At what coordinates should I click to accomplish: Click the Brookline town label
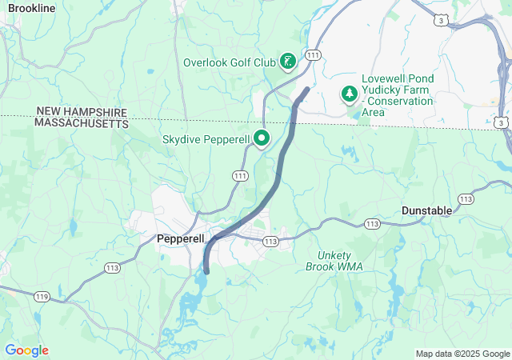click(31, 7)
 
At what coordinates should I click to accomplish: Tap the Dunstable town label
click(426, 210)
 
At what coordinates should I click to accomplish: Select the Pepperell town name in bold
click(181, 239)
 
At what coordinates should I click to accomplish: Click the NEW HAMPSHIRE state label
click(81, 113)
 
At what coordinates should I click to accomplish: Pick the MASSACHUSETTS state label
click(81, 124)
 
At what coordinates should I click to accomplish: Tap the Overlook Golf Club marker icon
click(288, 62)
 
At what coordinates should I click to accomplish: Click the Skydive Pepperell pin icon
click(262, 138)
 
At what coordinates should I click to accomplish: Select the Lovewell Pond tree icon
click(350, 94)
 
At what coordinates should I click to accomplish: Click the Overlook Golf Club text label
click(229, 62)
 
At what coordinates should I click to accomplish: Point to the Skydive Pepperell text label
click(208, 139)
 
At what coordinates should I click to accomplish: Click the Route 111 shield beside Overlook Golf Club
click(313, 55)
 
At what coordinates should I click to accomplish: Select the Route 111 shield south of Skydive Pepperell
click(240, 174)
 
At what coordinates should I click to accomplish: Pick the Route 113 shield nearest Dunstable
click(465, 198)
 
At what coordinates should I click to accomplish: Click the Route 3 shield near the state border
click(499, 122)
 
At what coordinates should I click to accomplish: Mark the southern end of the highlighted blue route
click(206, 271)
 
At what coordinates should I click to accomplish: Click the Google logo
click(26, 350)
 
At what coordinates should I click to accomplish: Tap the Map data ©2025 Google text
click(462, 354)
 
